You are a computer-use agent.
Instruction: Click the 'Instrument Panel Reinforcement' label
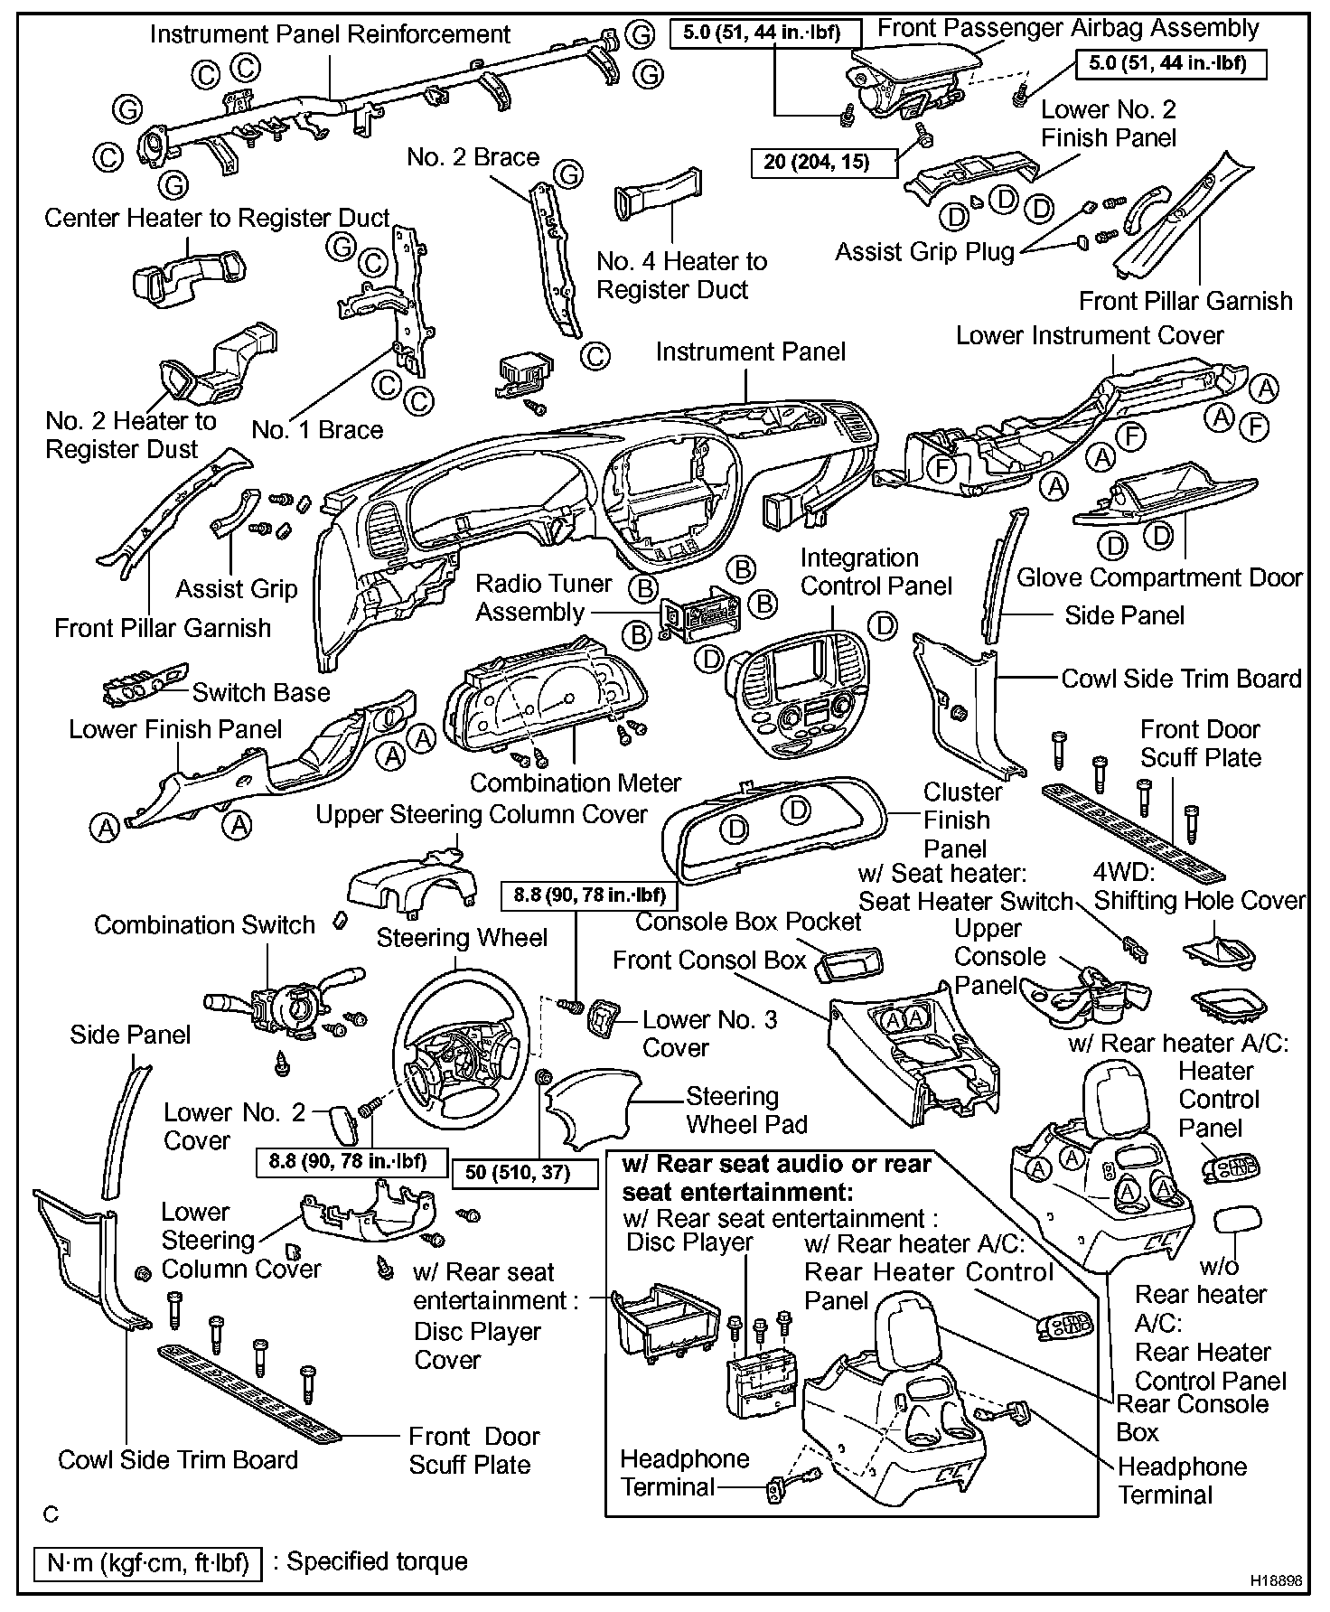click(330, 34)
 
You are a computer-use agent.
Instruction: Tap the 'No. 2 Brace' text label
click(473, 157)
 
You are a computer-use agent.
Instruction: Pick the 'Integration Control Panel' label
click(876, 572)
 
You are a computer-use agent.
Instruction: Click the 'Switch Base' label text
click(261, 692)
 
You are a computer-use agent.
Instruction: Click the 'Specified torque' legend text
click(377, 1561)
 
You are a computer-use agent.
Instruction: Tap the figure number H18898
click(1277, 1581)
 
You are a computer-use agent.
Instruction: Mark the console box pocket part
click(848, 964)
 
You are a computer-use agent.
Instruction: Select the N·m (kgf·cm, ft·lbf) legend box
click(146, 1563)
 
